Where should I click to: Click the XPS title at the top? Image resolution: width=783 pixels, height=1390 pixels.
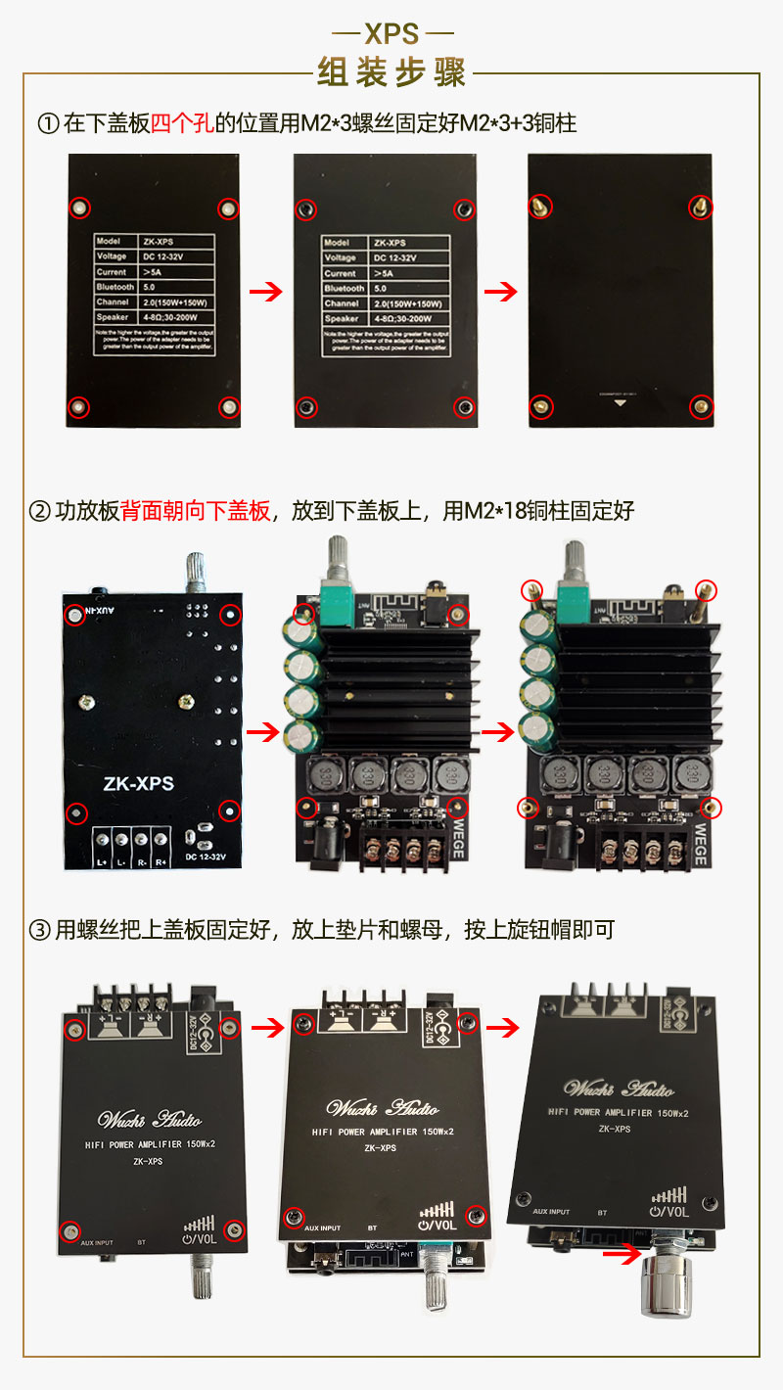(x=391, y=34)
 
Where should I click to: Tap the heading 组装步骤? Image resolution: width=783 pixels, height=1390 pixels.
(x=391, y=72)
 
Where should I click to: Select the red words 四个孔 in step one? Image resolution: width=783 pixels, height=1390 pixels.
(x=181, y=123)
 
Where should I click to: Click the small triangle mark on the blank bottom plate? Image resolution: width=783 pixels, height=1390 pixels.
(x=618, y=401)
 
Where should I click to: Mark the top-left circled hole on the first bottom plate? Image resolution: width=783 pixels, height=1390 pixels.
(x=80, y=208)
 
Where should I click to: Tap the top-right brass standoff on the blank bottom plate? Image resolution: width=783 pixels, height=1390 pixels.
(x=700, y=207)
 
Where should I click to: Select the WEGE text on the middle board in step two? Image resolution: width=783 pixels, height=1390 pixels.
(x=457, y=839)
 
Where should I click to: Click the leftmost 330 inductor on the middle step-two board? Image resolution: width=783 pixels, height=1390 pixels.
(x=323, y=777)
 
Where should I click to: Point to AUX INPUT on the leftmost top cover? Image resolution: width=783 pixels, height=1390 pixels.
(x=90, y=1243)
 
